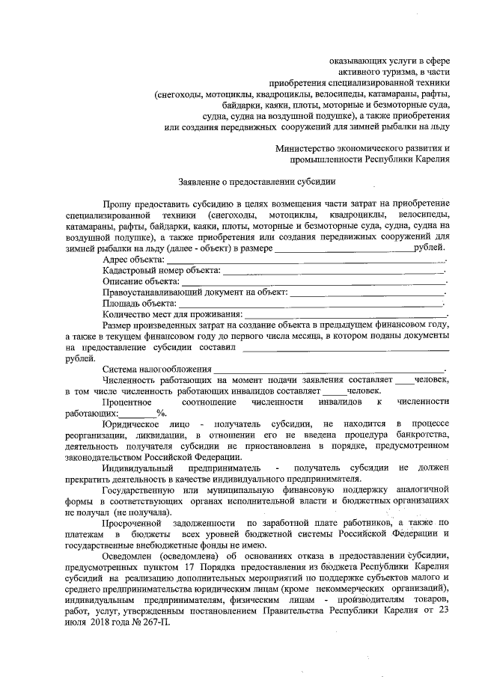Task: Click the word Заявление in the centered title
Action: point(199,181)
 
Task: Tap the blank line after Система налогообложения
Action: point(329,370)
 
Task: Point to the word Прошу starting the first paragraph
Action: point(117,203)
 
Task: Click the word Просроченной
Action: point(135,522)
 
